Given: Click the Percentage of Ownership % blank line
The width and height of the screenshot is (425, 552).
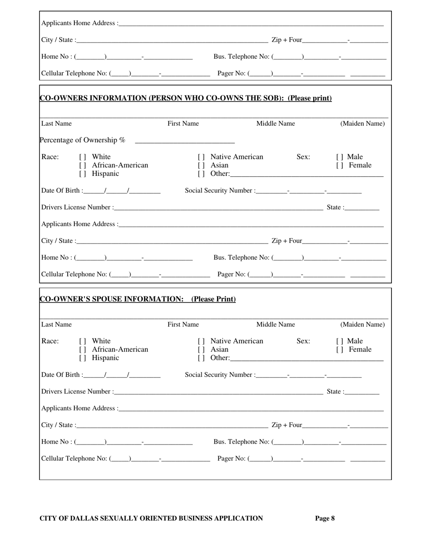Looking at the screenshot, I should click(184, 142).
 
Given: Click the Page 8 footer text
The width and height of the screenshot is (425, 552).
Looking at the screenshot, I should click(325, 518).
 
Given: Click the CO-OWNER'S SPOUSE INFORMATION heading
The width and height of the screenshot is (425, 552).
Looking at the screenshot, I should click(138, 299).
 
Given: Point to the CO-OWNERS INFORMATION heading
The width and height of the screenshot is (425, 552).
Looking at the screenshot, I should click(186, 98).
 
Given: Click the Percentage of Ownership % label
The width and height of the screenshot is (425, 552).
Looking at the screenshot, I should click(82, 140).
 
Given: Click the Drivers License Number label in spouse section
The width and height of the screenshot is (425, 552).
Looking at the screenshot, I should click(76, 392).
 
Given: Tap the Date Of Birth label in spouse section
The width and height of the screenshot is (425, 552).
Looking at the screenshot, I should click(61, 375).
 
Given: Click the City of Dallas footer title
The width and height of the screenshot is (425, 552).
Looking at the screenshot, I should click(151, 518).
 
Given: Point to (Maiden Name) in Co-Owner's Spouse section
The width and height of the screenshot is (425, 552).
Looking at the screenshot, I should click(362, 325).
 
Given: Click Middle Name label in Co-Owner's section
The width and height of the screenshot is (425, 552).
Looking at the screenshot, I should click(275, 124).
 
